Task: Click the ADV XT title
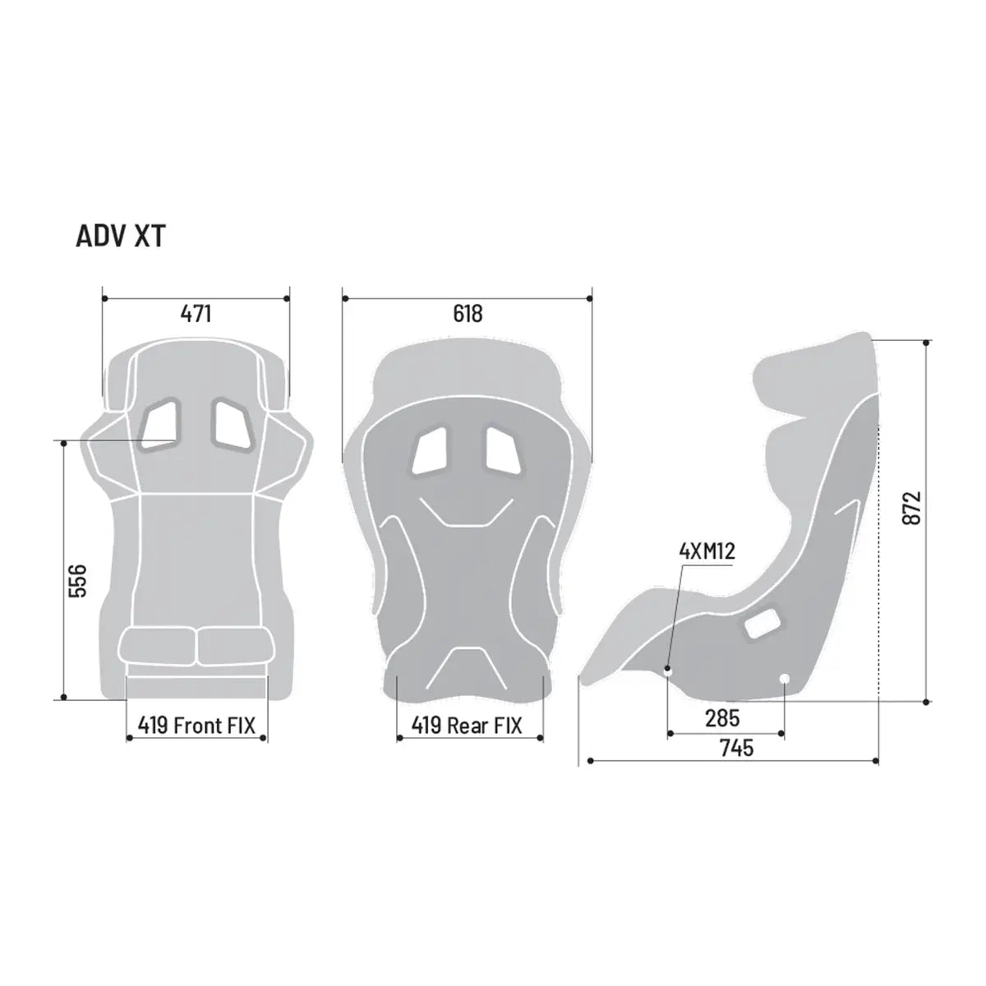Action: click(120, 236)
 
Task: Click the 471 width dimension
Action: click(196, 313)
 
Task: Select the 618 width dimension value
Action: click(468, 313)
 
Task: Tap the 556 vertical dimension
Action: click(76, 581)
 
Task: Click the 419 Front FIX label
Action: click(196, 725)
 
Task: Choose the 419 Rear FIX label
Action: click(467, 726)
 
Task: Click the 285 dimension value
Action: click(722, 718)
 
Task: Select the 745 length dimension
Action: click(736, 748)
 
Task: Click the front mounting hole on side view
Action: click(668, 670)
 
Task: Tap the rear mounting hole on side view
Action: click(784, 678)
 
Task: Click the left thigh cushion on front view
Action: click(158, 646)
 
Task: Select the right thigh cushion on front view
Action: click(233, 646)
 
